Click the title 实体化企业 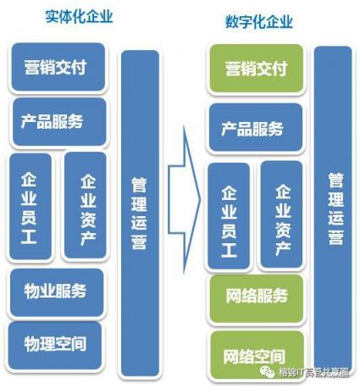click(80, 16)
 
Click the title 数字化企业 click(259, 21)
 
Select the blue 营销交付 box click(58, 67)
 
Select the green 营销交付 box click(257, 69)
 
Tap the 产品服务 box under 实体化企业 click(59, 122)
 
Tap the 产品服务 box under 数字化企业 click(256, 128)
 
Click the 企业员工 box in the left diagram click(30, 207)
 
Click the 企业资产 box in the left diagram click(86, 206)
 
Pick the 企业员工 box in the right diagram click(229, 216)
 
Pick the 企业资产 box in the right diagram click(281, 214)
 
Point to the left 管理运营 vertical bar click(140, 214)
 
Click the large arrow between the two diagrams click(184, 200)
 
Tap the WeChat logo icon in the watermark click(267, 372)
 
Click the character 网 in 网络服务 click(234, 296)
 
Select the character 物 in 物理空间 click(31, 344)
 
